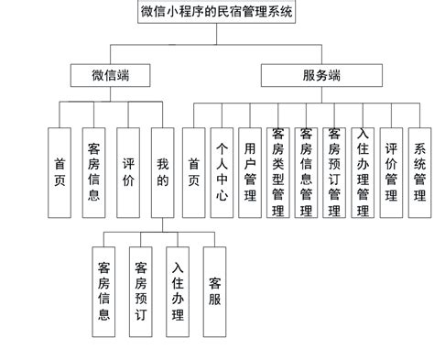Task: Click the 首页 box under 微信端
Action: point(60,172)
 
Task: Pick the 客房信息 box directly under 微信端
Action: point(92,172)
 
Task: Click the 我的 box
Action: point(162,172)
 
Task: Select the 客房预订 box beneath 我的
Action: point(141,290)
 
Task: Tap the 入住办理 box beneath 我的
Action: point(178,290)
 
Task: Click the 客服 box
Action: point(214,290)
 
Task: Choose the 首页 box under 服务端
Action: point(193,172)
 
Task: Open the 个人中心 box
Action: point(222,172)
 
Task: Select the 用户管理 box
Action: point(250,172)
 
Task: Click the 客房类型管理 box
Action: point(278,172)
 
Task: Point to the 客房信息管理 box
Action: point(307,172)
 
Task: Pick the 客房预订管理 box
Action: point(334,172)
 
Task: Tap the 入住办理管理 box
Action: point(363,172)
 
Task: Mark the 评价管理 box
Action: point(391,172)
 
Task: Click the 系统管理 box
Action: point(419,172)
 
